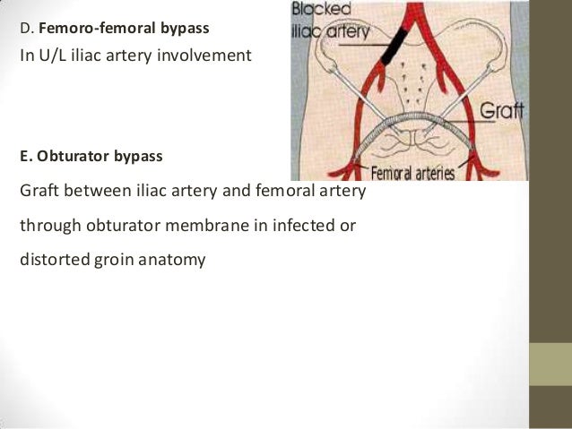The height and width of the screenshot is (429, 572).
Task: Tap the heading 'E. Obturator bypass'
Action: point(91,156)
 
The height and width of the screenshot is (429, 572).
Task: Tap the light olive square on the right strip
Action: point(551,364)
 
